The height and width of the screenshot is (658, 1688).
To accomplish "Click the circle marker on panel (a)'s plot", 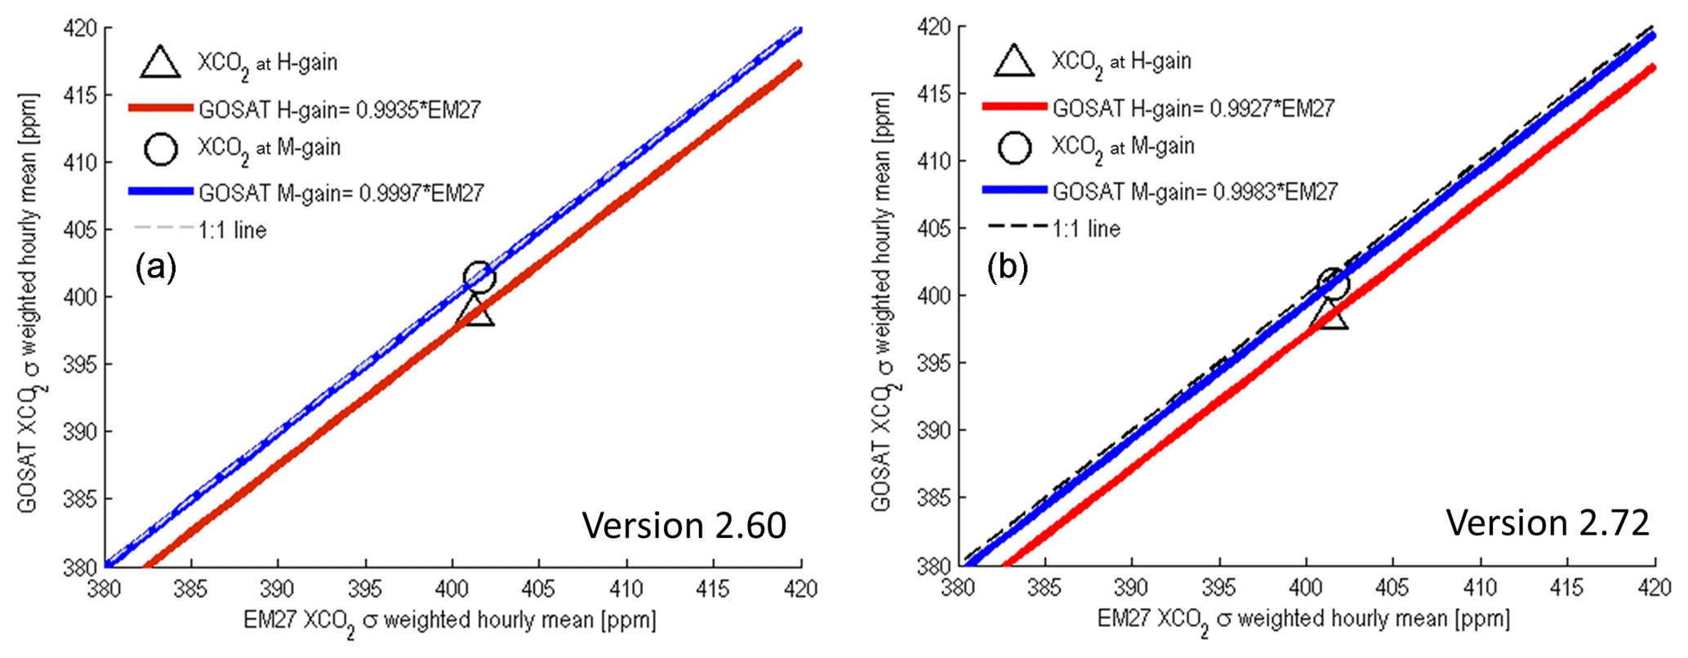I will coord(479,277).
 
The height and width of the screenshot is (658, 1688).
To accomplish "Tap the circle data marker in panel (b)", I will coord(1333,284).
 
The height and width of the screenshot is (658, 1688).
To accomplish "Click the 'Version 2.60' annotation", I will coord(684,525).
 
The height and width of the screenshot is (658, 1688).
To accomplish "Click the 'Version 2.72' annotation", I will coord(1548,522).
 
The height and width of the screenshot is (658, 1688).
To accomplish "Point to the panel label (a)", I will coord(156,267).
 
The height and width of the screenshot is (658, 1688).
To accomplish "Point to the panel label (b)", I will coord(1008,266).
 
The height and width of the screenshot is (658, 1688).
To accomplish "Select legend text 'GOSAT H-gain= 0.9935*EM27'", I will coord(340,109).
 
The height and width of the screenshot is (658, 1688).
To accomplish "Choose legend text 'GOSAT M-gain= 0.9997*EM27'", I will coord(341,193).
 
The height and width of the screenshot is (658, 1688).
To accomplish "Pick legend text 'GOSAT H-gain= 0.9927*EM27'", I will coord(1193,108).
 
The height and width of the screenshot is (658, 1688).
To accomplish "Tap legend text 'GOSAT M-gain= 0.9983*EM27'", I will coord(1195,192).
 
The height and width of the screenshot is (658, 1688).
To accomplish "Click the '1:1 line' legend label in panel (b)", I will coord(1086,229).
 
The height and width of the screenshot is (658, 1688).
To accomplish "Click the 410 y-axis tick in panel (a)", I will coord(80,162).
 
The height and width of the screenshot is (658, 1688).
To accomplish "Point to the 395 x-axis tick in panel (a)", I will coord(365,589).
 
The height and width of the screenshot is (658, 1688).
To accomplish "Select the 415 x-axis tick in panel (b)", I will coord(1567,588).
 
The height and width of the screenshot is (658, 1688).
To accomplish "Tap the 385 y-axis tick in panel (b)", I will coord(933,497).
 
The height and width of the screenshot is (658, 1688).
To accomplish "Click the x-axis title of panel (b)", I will coord(1303,620).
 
